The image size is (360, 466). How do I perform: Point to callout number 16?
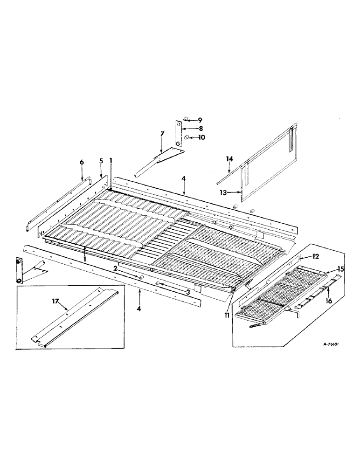[x=329, y=302]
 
